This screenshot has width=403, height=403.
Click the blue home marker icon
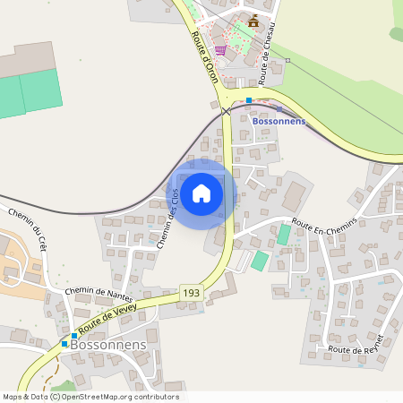[x=201, y=193]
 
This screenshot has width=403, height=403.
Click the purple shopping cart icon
[x=219, y=50]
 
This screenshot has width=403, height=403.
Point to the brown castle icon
[x=253, y=20]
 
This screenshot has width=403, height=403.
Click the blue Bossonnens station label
[x=279, y=121]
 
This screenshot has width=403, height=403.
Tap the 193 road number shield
[x=190, y=293]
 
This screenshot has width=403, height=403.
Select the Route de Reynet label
[x=356, y=344]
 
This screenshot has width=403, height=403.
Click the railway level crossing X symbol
[x=226, y=111]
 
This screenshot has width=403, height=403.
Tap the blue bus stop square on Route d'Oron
[x=249, y=100]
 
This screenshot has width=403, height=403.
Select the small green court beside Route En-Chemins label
[x=284, y=234]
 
